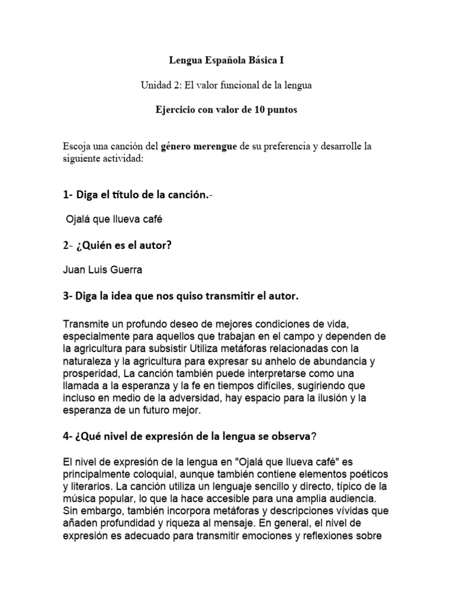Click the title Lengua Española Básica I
(226, 60)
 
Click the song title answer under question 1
(113, 219)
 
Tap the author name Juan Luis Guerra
(101, 271)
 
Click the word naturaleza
(88, 359)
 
